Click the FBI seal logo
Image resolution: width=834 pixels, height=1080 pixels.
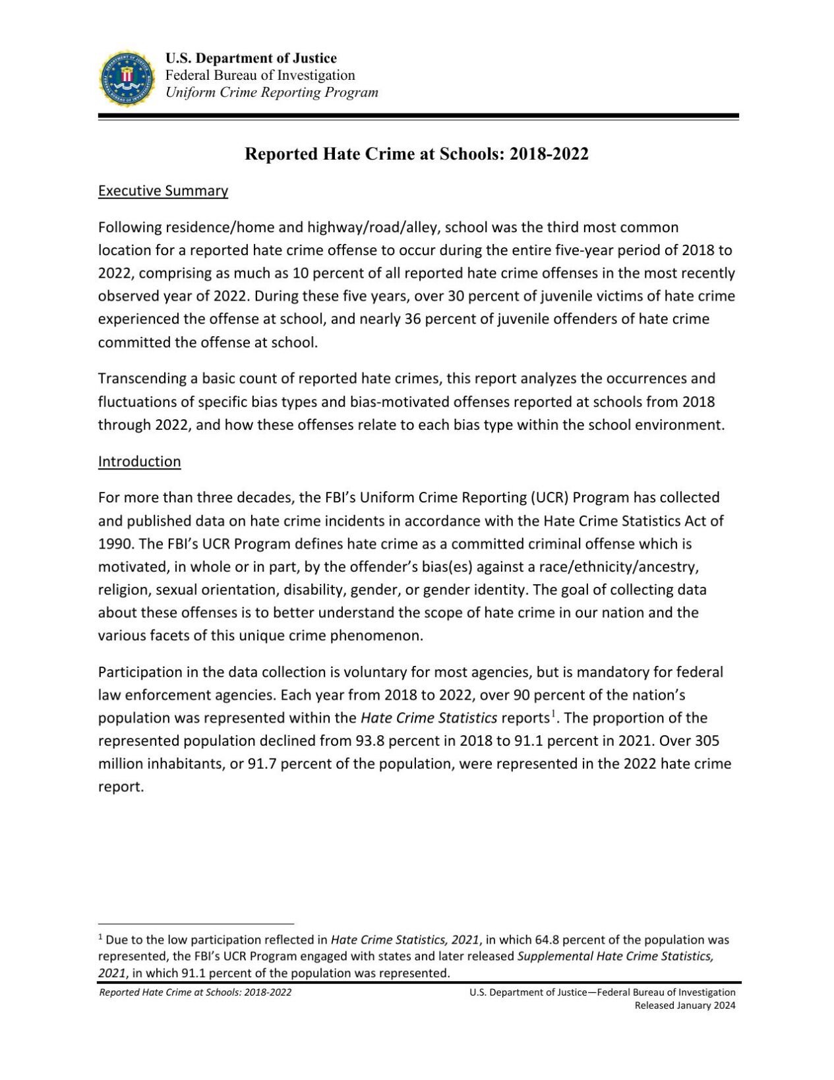127,78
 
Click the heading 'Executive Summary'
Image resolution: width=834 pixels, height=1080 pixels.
163,191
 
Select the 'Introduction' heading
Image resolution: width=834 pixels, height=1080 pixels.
139,462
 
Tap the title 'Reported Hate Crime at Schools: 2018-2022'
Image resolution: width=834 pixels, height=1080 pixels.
417,154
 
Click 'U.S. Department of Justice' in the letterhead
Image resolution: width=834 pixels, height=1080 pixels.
251,58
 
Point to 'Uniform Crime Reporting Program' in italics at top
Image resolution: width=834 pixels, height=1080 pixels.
272,92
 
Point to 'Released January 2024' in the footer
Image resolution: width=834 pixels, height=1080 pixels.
684,1005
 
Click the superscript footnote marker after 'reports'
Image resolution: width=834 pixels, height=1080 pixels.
554,713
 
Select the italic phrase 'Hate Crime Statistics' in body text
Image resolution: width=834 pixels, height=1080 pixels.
429,718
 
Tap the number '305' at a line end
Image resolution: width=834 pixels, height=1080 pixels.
707,741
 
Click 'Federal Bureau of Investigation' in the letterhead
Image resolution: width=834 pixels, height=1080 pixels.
260,75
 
